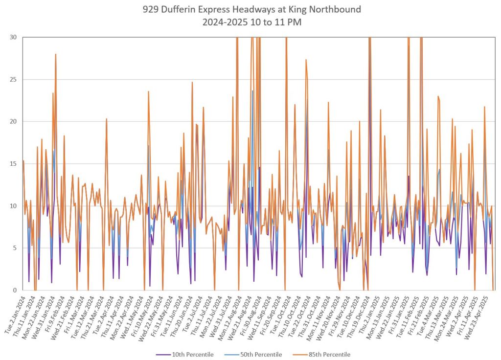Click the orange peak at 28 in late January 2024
tap(56, 54)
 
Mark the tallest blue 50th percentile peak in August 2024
tap(252, 91)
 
